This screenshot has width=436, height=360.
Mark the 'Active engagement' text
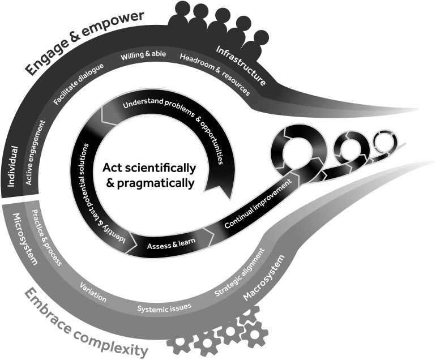(x=34, y=152)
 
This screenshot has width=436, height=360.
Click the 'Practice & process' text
(x=47, y=238)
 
